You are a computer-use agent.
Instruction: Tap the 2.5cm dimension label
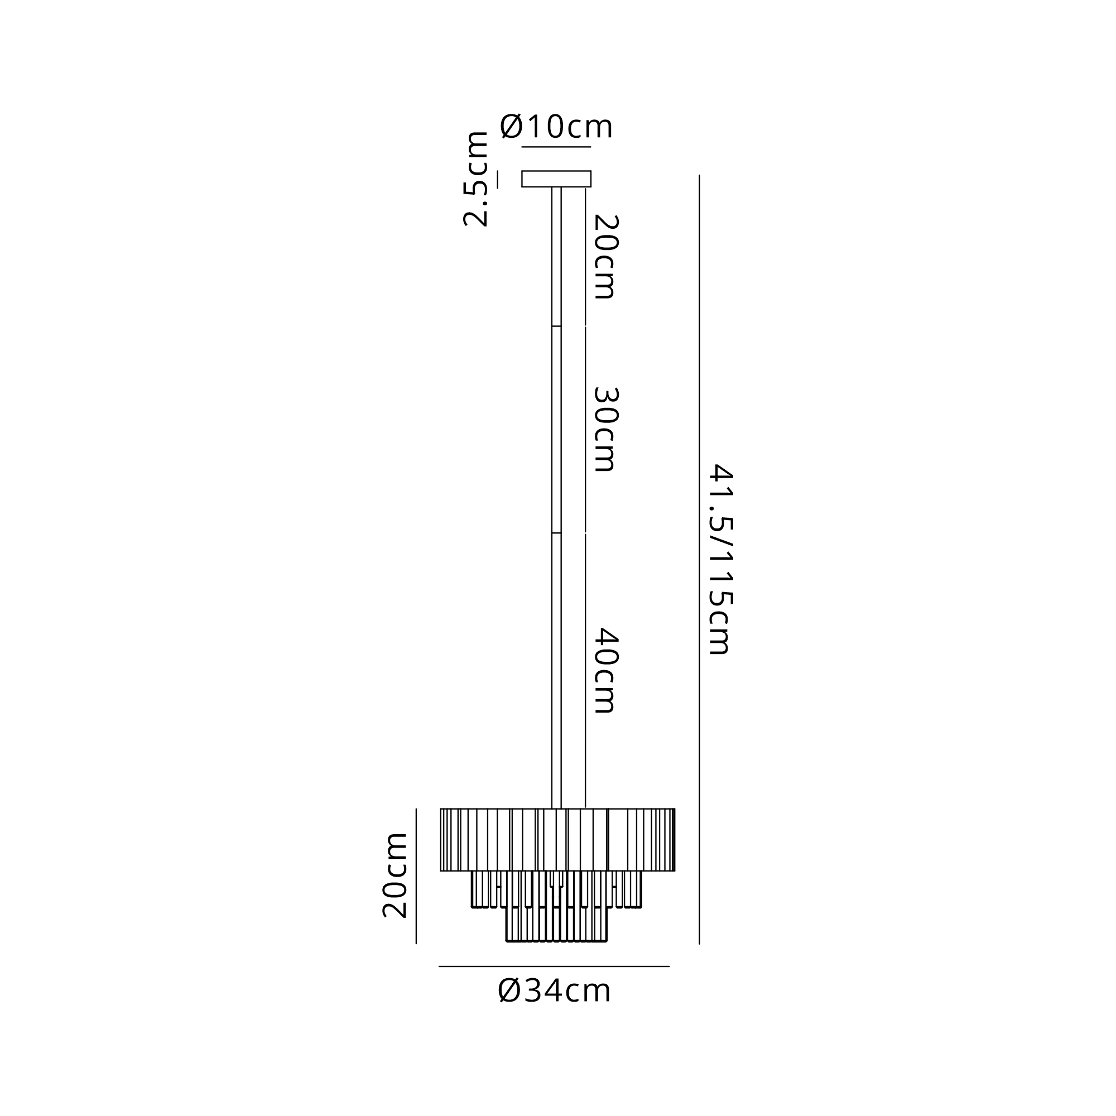click(476, 179)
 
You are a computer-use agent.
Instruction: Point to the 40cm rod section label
click(607, 671)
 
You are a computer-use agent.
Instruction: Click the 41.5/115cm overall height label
click(721, 559)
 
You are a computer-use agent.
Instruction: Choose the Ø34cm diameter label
click(554, 991)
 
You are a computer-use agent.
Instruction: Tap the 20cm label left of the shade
click(395, 875)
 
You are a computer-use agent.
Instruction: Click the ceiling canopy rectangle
click(556, 179)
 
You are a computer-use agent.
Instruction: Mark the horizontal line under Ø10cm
click(556, 147)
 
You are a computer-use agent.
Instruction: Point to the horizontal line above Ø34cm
click(554, 966)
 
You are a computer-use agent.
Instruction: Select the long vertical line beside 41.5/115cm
click(700, 559)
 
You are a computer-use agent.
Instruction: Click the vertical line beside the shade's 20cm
click(416, 876)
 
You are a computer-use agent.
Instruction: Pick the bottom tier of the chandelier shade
click(556, 924)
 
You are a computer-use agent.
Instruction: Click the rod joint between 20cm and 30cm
click(556, 326)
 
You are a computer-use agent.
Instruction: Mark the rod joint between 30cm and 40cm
click(556, 532)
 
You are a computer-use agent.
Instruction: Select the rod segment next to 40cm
click(556, 671)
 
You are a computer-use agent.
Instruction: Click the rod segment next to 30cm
click(556, 429)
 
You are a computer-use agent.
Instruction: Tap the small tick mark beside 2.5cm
click(497, 179)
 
